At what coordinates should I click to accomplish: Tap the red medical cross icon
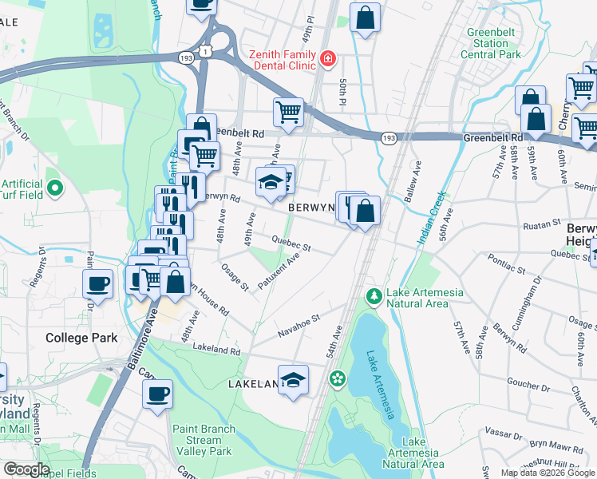326,58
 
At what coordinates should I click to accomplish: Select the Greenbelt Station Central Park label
491,44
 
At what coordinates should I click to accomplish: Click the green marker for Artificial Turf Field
54,188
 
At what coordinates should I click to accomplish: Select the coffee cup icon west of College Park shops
98,283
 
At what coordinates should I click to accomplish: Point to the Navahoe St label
298,323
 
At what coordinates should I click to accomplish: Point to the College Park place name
81,338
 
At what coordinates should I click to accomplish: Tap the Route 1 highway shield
207,51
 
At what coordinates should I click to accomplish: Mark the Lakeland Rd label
216,350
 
